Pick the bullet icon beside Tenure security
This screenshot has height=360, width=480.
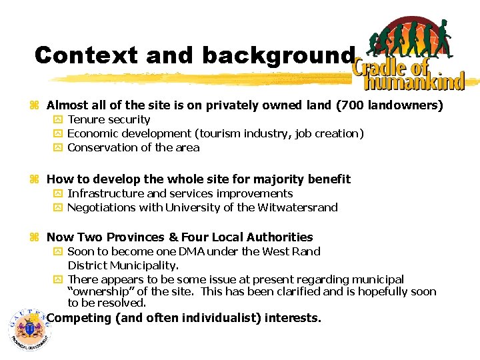(x=58, y=120)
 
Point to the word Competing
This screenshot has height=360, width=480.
(x=79, y=318)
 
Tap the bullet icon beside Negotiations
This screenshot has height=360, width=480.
(x=58, y=207)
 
